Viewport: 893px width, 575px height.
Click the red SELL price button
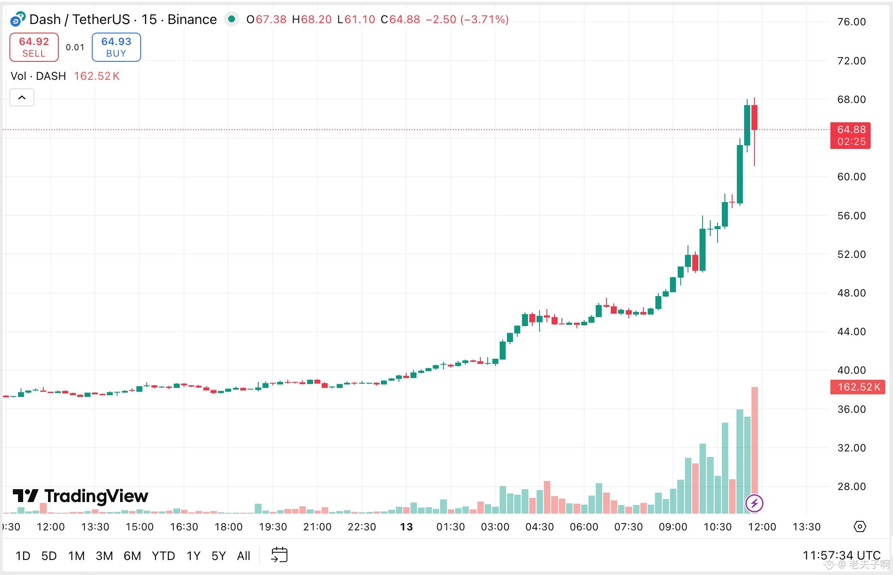point(34,47)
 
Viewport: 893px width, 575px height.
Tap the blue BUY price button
point(116,47)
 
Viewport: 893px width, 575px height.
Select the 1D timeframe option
point(23,556)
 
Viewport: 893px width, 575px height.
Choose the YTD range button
point(163,556)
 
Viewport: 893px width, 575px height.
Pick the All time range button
point(243,556)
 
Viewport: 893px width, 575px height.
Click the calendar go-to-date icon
point(279,555)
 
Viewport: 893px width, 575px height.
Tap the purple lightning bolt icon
point(754,503)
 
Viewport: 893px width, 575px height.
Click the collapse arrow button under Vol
point(22,98)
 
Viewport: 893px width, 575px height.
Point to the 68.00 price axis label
point(851,100)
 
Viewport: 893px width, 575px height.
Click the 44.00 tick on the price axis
point(851,332)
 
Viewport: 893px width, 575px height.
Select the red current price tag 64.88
point(851,135)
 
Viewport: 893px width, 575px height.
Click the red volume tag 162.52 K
point(857,387)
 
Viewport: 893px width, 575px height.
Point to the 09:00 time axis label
point(673,527)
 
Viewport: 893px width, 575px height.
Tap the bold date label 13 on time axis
point(406,527)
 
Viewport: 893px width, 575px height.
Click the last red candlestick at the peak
point(754,118)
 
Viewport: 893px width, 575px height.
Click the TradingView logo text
point(96,496)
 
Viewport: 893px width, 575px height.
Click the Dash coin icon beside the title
point(18,19)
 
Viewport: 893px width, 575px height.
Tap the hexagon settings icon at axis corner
point(860,527)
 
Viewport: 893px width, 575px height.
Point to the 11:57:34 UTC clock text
point(841,556)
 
